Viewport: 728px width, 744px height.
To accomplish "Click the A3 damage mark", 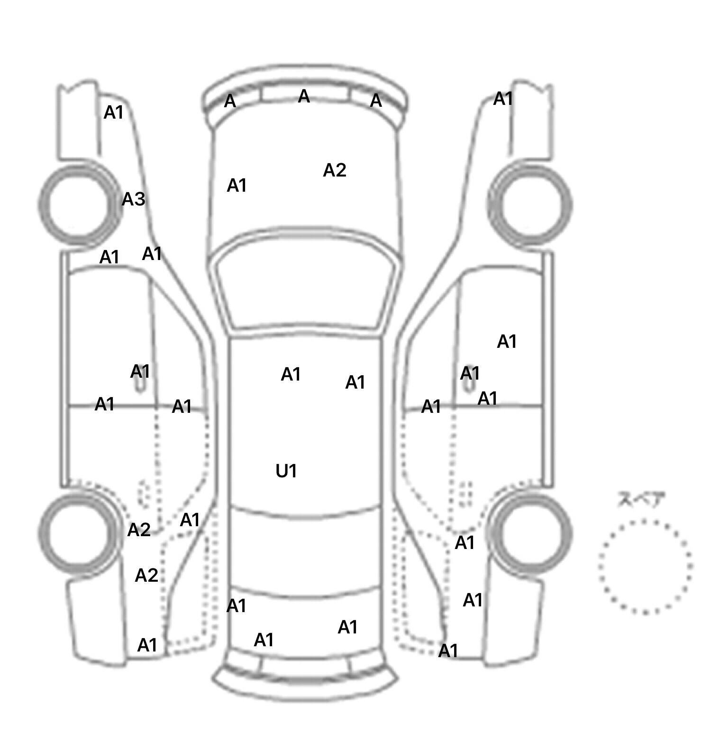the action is [x=133, y=199].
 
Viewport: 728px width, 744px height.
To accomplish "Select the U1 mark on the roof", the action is [x=286, y=471].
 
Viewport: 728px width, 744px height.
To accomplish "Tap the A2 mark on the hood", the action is [x=335, y=170].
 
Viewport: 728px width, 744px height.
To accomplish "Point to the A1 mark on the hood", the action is [x=237, y=186].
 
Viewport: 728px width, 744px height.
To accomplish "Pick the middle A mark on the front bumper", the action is [x=304, y=96].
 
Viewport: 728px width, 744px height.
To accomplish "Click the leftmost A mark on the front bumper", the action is [x=230, y=101].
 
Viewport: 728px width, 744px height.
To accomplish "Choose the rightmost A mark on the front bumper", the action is [x=376, y=101].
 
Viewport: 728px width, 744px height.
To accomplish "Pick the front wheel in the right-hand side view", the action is [x=530, y=205].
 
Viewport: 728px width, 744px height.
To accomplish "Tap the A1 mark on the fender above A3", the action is [x=114, y=112].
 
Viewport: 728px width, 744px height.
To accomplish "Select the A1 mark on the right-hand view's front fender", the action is [x=503, y=99].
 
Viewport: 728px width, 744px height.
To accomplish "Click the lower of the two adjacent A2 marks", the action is [x=146, y=576].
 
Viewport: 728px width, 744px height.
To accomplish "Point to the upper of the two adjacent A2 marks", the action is [x=139, y=530].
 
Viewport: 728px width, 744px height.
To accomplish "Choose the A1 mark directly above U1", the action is [x=291, y=375].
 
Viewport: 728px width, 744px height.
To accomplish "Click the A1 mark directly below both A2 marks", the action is [x=147, y=645].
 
